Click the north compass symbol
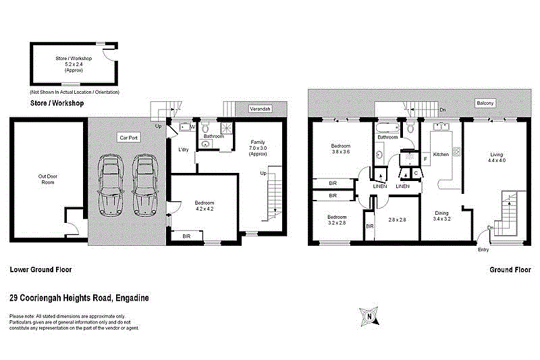pyautogui.click(x=369, y=315)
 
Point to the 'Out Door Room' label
pyautogui.click(x=47, y=180)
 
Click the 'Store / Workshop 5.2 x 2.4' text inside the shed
pyautogui.click(x=74, y=64)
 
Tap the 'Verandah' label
pyautogui.click(x=260, y=108)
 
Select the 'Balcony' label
pyautogui.click(x=485, y=103)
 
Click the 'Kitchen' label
pyautogui.click(x=441, y=155)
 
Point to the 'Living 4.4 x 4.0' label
pyautogui.click(x=497, y=157)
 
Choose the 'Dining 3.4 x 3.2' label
pyautogui.click(x=441, y=216)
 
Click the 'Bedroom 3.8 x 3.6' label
pyautogui.click(x=340, y=149)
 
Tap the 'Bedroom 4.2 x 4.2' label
pyautogui.click(x=205, y=206)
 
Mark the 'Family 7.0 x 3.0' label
pyautogui.click(x=258, y=148)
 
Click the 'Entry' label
pyautogui.click(x=483, y=250)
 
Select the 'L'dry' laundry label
pyautogui.click(x=182, y=149)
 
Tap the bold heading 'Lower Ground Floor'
pyautogui.click(x=40, y=269)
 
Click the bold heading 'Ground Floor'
pyautogui.click(x=510, y=269)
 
